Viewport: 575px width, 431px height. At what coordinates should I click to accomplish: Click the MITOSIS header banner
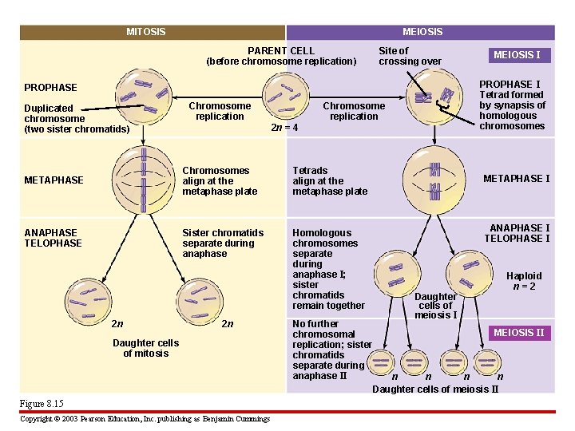pos(146,32)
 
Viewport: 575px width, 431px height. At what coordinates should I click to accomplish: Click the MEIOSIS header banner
pos(422,32)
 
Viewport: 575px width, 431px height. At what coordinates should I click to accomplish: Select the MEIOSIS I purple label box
pos(517,55)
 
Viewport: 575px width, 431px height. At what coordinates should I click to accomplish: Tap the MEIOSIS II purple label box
pos(518,333)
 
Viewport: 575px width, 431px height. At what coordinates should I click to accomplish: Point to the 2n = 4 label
pos(285,128)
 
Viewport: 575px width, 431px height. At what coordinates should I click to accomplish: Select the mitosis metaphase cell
pos(144,180)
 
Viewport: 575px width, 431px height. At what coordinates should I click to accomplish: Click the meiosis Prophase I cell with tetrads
pos(434,97)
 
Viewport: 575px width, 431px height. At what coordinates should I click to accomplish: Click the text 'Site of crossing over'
pos(410,56)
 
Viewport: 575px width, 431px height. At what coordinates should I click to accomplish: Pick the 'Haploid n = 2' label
pos(524,281)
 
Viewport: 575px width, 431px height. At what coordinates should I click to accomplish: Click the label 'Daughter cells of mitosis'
pos(145,348)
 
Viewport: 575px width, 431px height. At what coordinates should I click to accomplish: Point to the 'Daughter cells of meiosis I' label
pos(436,306)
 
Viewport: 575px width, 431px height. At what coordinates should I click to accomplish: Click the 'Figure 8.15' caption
pos(42,404)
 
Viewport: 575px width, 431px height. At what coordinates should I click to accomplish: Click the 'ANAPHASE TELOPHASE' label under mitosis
pos(53,238)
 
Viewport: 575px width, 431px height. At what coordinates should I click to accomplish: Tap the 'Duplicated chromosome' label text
pos(77,118)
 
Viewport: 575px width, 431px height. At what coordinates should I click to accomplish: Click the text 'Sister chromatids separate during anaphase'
pos(223,243)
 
